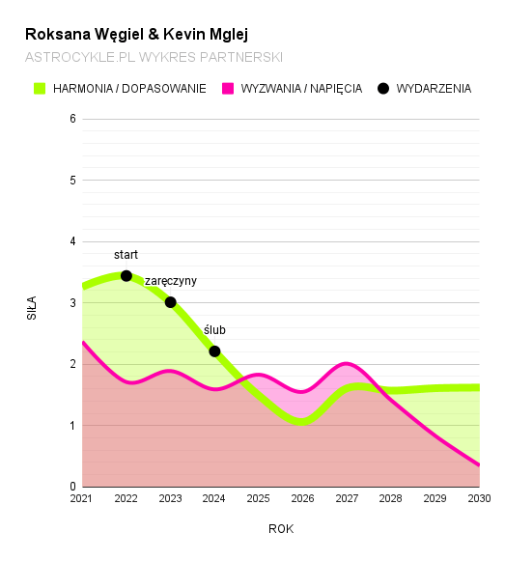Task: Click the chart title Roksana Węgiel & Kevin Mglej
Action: pos(136,34)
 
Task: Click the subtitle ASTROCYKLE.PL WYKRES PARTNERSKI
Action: pos(154,57)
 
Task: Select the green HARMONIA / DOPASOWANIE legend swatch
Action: pos(40,88)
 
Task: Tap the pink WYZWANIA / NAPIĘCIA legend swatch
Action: pos(228,88)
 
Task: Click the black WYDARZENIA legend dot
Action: pos(383,88)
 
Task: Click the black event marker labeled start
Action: pos(126,275)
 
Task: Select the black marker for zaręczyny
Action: pos(171,302)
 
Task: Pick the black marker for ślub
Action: pos(214,351)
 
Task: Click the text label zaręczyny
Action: pos(171,281)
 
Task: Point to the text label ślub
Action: pos(214,330)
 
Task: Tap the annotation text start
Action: pos(126,255)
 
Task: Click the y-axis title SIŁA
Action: pos(32,307)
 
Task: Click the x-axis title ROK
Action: pos(281,529)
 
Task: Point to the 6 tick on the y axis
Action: pos(72,119)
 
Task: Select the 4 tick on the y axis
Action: pos(72,241)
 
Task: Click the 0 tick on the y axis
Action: pos(72,487)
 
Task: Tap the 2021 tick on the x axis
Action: pos(82,499)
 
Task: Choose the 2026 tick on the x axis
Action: pos(302,499)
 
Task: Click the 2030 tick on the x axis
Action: pos(479,499)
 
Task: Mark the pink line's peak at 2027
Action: pos(347,364)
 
